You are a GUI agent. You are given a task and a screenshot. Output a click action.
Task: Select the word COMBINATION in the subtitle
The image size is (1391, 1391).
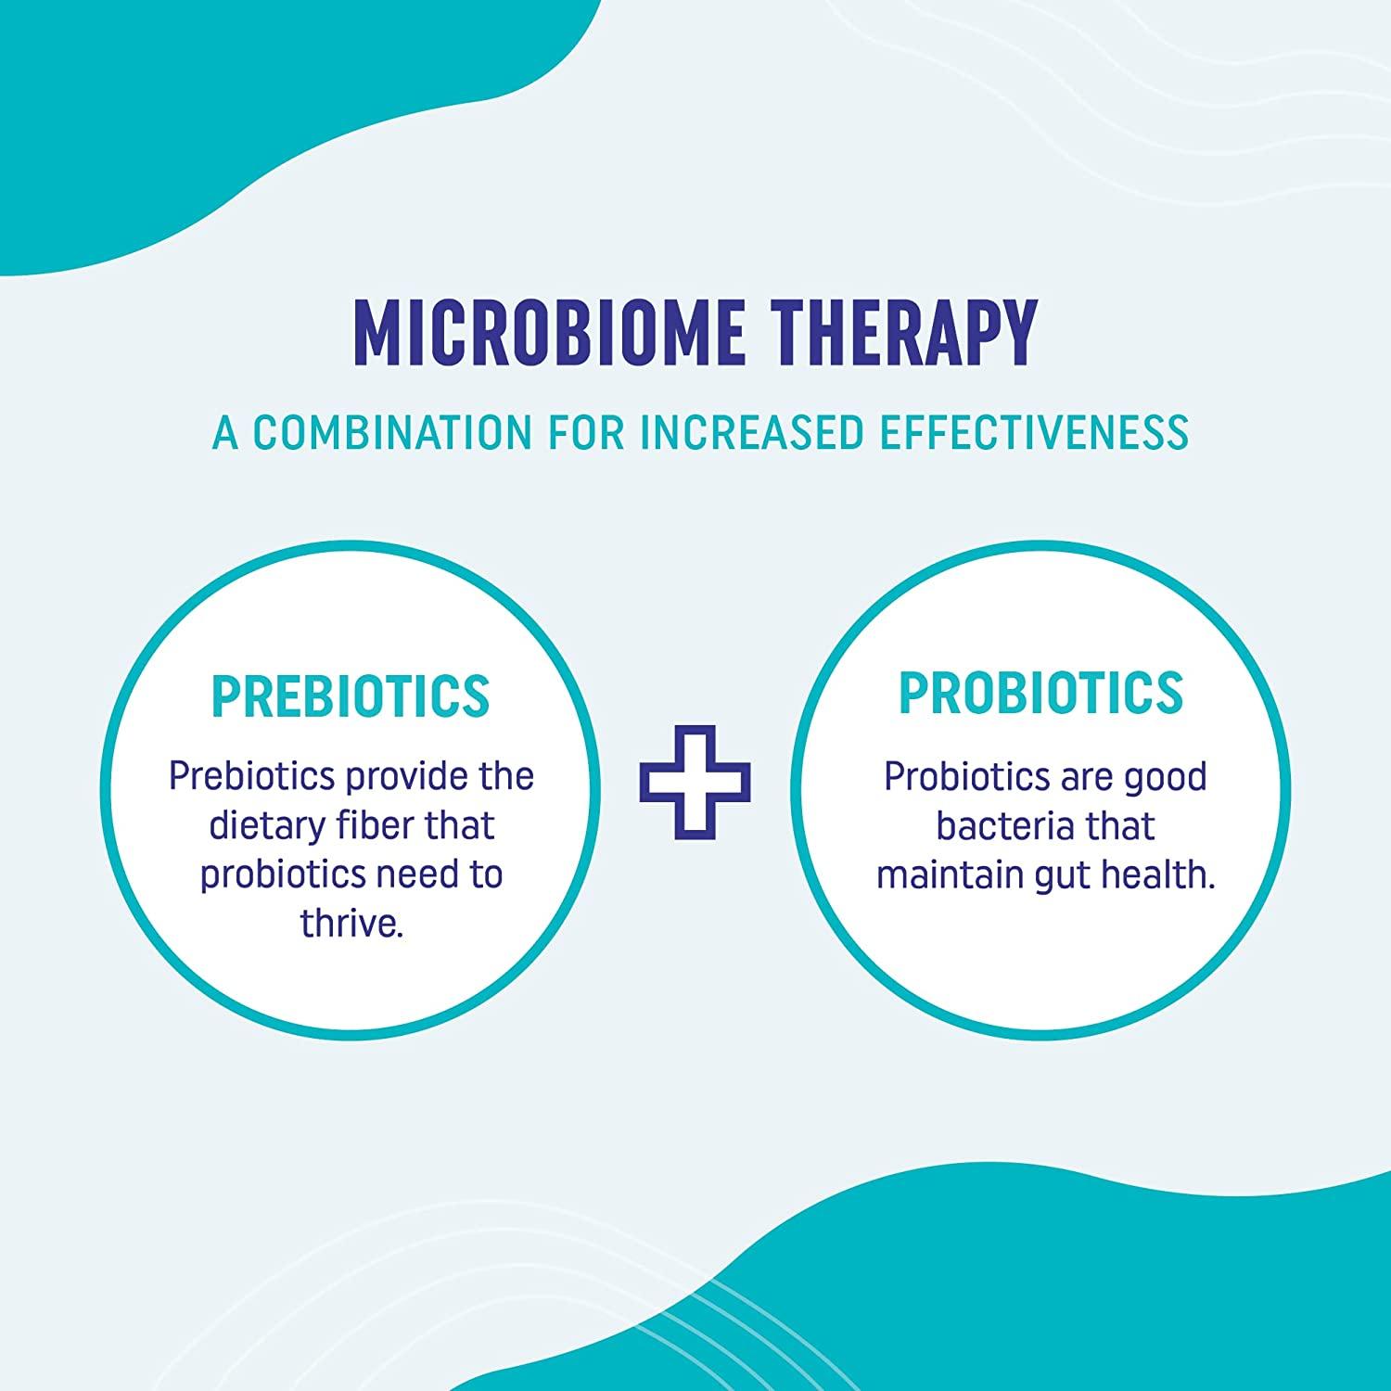pyautogui.click(x=393, y=432)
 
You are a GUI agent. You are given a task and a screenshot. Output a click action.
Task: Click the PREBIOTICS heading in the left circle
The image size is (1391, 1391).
pyautogui.click(x=351, y=695)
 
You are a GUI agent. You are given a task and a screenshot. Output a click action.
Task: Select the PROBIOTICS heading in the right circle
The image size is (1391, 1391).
pyautogui.click(x=1040, y=692)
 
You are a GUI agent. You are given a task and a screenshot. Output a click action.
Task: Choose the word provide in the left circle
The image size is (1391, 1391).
pyautogui.click(x=402, y=776)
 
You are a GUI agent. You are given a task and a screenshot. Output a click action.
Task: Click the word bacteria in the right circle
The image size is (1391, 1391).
pyautogui.click(x=998, y=825)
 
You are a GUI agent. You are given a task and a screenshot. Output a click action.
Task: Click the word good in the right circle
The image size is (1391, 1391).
pyautogui.click(x=1165, y=777)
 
